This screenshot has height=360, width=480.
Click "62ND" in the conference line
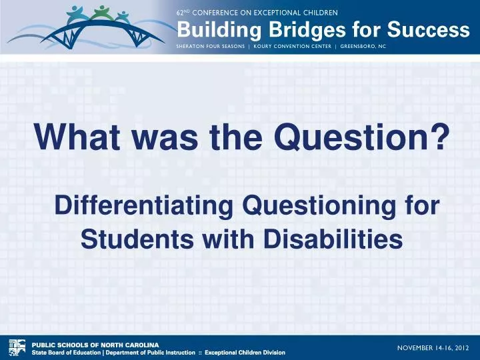pyautogui.click(x=183, y=13)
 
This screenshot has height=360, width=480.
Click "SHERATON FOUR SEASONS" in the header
pyautogui.click(x=211, y=47)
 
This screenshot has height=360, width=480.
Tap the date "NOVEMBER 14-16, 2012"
pyautogui.click(x=433, y=347)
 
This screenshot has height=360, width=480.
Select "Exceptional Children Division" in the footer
pyautogui.click(x=245, y=352)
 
